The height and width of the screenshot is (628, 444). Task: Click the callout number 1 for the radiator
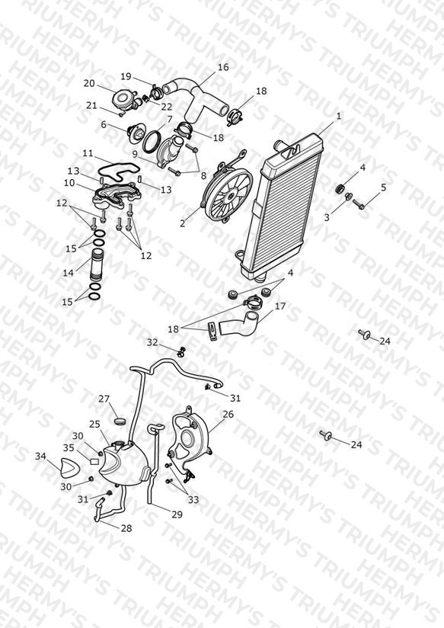coord(339,116)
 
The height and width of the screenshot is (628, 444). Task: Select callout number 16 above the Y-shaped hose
coord(223,67)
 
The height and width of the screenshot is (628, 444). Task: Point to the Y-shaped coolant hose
coord(194,99)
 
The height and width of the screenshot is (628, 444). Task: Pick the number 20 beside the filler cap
coord(89,83)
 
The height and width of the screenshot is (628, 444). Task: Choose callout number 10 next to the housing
coord(69,183)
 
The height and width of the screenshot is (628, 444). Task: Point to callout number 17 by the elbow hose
coord(280,306)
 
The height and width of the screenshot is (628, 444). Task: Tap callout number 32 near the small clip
coord(152,342)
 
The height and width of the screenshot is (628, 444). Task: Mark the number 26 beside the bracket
coord(228,414)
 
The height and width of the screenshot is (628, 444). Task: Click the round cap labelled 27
coord(120,421)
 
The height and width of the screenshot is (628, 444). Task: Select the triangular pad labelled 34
coord(69,468)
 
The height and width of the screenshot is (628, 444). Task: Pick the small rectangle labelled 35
coord(94,461)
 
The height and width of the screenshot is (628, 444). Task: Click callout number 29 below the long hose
coord(177,514)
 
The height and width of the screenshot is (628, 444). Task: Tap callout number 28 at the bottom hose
coord(126,528)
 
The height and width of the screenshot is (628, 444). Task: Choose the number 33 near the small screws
coord(193,499)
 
